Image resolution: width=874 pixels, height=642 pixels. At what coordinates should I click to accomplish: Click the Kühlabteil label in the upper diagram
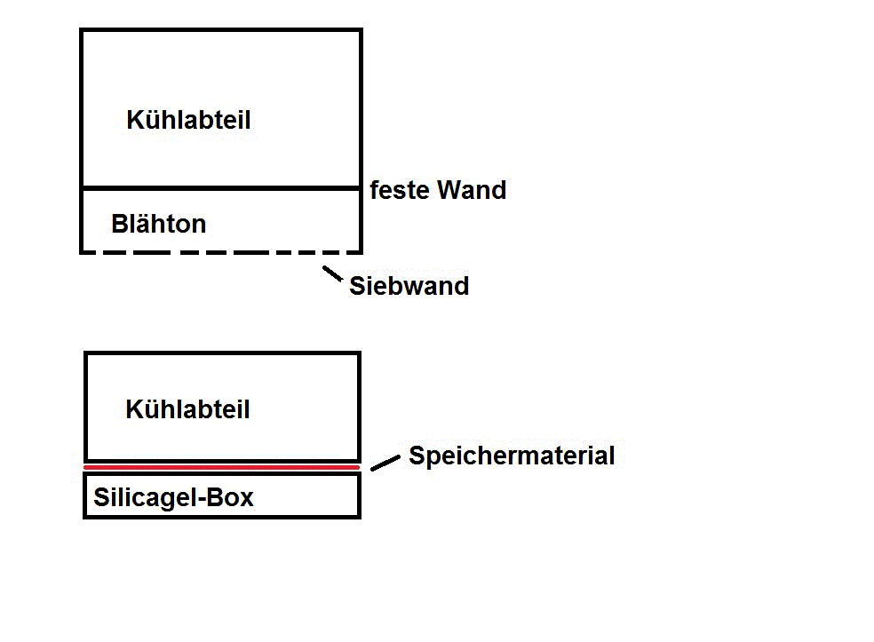pos(188,120)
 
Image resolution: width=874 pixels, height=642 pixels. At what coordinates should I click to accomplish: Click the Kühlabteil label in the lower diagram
pos(187,409)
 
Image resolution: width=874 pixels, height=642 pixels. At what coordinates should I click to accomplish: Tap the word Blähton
pos(158,224)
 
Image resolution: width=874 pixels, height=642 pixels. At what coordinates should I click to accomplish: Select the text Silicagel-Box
pos(173,497)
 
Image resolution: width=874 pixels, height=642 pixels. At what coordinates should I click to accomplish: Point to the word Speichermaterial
pos(511,456)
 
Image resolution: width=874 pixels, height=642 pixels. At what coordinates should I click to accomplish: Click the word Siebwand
pos(409,286)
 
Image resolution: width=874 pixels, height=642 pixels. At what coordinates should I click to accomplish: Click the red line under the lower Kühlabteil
pos(222,467)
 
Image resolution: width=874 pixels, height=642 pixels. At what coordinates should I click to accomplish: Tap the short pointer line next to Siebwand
pos(332,274)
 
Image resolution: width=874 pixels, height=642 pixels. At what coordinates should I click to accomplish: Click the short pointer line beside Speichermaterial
pos(385,463)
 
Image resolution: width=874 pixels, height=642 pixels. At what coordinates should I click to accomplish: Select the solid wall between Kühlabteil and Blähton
pos(222,188)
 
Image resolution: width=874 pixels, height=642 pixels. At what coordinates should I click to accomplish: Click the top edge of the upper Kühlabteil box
pos(222,30)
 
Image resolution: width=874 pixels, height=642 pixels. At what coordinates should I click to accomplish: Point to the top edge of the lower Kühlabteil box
pos(222,353)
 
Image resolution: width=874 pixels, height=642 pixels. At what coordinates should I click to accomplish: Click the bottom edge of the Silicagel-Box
pos(222,516)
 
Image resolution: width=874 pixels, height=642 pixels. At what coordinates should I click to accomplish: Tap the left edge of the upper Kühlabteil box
pos(82,107)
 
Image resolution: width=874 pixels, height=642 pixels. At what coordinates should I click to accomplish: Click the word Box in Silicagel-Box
pos(233,497)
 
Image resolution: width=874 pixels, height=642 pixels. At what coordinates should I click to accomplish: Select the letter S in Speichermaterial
pos(416,456)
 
